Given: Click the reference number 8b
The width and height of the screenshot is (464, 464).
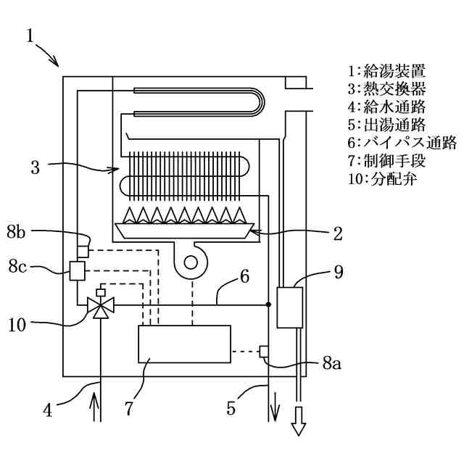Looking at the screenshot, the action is pyautogui.click(x=16, y=232).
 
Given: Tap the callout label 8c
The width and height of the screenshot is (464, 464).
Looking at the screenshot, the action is pyautogui.click(x=17, y=266).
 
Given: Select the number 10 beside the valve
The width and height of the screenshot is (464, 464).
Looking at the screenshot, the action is pyautogui.click(x=17, y=325).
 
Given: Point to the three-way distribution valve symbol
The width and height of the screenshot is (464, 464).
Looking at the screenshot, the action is pyautogui.click(x=101, y=304).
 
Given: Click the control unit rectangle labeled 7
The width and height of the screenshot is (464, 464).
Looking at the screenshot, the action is pyautogui.click(x=184, y=344).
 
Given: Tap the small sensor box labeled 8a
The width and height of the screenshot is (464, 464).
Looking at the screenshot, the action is pyautogui.click(x=264, y=351).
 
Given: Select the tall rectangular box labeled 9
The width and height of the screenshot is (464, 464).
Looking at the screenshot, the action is pyautogui.click(x=290, y=307).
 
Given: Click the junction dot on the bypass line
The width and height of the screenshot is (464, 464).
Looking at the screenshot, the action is pyautogui.click(x=268, y=304).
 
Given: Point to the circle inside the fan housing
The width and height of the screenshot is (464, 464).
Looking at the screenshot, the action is pyautogui.click(x=191, y=262).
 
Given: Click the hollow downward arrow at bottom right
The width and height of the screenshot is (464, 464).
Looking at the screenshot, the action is pyautogui.click(x=298, y=421).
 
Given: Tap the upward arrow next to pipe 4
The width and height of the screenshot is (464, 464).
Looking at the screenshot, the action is pyautogui.click(x=94, y=406).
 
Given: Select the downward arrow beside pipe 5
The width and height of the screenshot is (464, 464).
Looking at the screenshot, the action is pyautogui.click(x=275, y=407).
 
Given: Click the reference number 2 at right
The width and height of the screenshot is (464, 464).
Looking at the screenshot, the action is pyautogui.click(x=338, y=233).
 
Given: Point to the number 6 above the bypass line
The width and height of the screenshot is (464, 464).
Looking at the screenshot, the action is pyautogui.click(x=244, y=276).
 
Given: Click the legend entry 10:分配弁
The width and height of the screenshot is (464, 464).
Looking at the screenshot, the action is pyautogui.click(x=383, y=179).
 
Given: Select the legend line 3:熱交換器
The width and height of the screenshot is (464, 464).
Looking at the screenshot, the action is pyautogui.click(x=386, y=88).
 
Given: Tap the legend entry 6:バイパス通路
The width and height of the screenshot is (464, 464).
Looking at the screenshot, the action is pyautogui.click(x=402, y=143).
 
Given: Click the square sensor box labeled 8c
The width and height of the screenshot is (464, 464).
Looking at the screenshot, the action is pyautogui.click(x=78, y=270).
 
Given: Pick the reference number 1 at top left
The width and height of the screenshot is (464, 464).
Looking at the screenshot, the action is pyautogui.click(x=30, y=36).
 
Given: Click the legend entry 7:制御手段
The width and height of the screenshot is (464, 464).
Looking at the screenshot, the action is pyautogui.click(x=386, y=161).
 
